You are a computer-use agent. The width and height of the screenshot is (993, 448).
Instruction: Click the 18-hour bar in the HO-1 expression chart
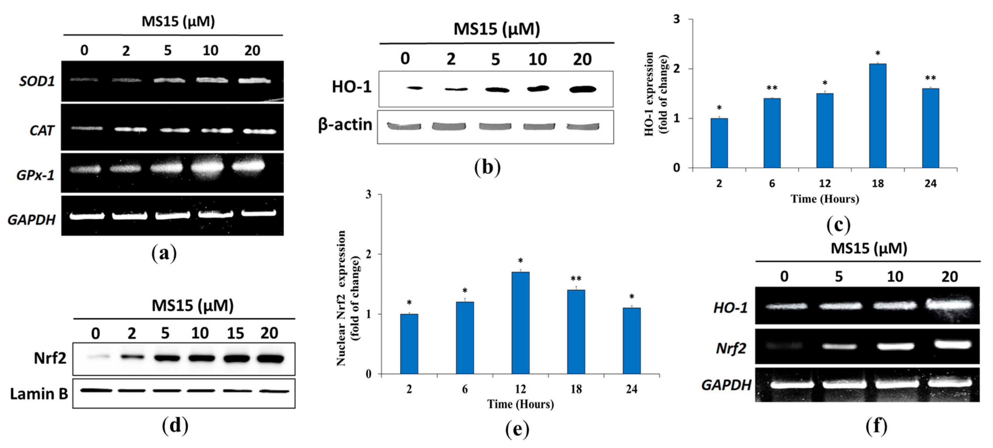pyautogui.click(x=878, y=116)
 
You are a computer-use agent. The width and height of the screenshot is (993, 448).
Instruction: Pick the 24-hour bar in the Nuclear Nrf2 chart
pyautogui.click(x=631, y=341)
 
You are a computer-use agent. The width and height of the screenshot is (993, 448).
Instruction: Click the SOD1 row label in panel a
pyautogui.click(x=37, y=82)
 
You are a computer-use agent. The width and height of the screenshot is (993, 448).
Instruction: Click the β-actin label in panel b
pyautogui.click(x=345, y=125)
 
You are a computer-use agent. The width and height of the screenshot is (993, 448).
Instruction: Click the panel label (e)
pyautogui.click(x=517, y=430)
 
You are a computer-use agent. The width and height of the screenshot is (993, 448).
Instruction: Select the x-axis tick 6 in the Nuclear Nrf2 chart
pyautogui.click(x=465, y=389)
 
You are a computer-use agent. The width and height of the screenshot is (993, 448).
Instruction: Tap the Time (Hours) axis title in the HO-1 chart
pyautogui.click(x=825, y=199)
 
